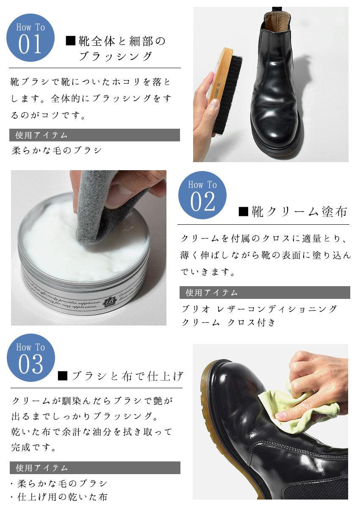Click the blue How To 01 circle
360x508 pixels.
[30, 38]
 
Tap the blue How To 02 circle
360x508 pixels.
[202, 195]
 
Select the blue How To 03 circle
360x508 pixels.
[31, 358]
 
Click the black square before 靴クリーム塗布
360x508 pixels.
[244, 212]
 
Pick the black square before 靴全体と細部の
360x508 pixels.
[71, 41]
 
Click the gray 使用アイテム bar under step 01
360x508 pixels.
[94, 135]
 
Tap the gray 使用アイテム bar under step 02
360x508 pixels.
[265, 293]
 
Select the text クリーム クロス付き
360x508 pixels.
[228, 322]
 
